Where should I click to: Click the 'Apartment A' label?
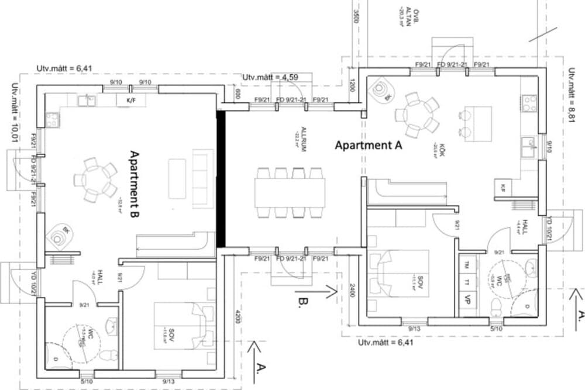368,146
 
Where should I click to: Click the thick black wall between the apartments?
221,180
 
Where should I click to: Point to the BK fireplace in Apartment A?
383,91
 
